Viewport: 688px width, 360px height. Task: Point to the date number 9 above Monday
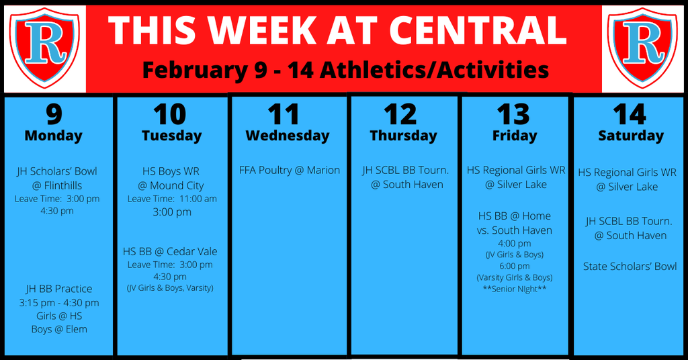coord(54,114)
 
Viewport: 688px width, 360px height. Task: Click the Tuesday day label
coord(171,136)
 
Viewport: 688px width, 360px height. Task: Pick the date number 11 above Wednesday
coord(284,114)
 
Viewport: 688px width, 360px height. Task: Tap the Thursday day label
coord(403,136)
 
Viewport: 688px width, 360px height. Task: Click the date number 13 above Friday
coord(513,114)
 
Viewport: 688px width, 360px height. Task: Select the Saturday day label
coord(631,136)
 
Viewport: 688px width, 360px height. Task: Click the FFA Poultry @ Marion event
coord(290,170)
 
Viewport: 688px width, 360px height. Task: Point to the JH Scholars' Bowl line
coord(57,171)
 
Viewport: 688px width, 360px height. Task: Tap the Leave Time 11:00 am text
coord(172,199)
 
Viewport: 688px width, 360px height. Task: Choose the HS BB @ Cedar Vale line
coord(170,251)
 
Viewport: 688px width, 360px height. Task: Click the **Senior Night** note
coord(515,289)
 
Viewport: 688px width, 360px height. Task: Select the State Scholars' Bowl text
coord(630,266)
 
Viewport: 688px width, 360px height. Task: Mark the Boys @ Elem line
coord(59,329)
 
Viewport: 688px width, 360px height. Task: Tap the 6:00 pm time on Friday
coord(514,266)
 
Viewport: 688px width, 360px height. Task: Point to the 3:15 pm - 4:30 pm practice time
coord(59,302)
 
